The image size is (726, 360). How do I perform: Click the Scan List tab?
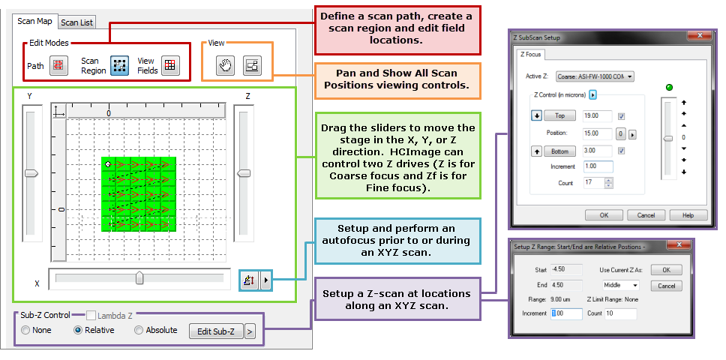[76, 22]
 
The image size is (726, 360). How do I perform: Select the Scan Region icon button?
[119, 66]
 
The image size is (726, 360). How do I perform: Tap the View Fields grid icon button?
[169, 66]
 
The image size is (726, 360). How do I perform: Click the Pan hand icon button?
[225, 66]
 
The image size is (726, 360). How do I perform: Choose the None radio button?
[26, 330]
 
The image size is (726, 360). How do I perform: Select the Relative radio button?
[78, 330]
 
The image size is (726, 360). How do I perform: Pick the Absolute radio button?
[139, 330]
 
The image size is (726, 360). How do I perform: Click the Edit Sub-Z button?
[216, 331]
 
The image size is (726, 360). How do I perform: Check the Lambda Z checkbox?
[91, 316]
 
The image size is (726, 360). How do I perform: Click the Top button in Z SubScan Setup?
[559, 116]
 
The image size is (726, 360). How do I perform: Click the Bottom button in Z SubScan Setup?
[559, 151]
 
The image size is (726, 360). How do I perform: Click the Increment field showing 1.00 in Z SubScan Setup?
[597, 166]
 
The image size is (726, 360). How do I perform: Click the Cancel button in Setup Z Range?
[666, 286]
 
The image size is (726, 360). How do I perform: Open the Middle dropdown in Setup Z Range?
[620, 285]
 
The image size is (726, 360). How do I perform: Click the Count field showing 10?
[622, 313]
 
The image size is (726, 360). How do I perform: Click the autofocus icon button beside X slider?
[250, 280]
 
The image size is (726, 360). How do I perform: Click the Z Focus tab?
[532, 54]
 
